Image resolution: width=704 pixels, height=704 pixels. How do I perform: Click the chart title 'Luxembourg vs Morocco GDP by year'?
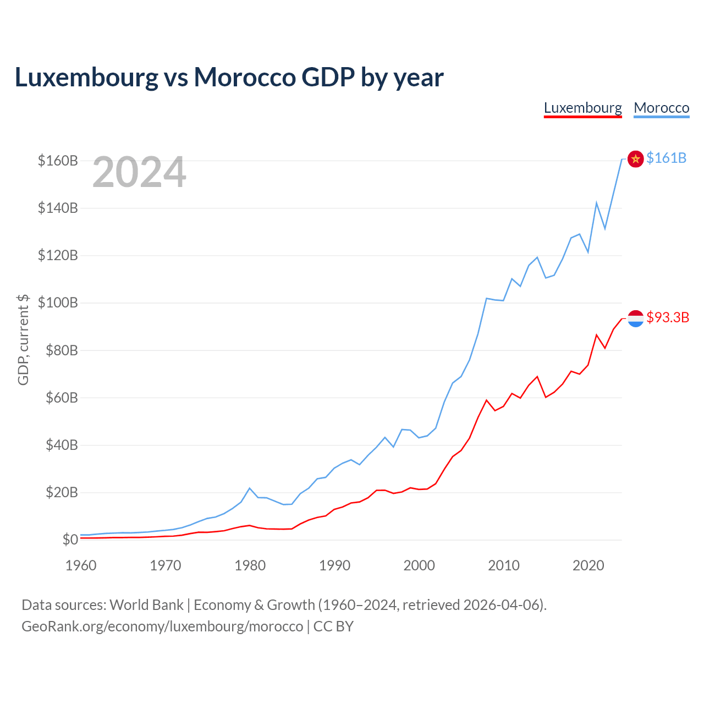(x=229, y=78)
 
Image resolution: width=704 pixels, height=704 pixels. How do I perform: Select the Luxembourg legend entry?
(x=582, y=108)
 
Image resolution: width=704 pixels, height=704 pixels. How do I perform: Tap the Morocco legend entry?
(x=661, y=108)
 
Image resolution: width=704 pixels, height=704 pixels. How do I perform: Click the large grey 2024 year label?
(x=139, y=173)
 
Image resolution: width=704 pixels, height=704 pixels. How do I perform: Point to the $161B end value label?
(x=666, y=158)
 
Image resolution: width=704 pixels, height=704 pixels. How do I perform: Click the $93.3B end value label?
(x=668, y=318)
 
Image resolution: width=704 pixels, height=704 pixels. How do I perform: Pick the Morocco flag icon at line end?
(x=635, y=159)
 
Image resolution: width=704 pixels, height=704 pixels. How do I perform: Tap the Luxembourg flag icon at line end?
(x=635, y=318)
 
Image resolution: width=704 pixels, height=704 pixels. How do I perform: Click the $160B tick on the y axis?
(x=58, y=161)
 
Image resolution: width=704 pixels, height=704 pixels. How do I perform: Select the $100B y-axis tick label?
(x=58, y=303)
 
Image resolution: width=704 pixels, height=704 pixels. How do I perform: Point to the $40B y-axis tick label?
(x=61, y=445)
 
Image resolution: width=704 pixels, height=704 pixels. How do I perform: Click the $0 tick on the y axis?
(x=70, y=540)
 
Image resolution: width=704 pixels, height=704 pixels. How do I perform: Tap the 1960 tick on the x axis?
(x=81, y=565)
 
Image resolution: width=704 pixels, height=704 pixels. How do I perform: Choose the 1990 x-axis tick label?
(x=334, y=565)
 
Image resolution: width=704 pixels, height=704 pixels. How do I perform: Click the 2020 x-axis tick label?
(x=588, y=565)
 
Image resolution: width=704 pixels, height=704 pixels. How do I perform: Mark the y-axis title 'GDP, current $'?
(x=23, y=339)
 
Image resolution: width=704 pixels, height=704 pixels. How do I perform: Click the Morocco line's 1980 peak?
(x=250, y=488)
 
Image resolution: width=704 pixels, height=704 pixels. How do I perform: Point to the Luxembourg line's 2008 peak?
(x=486, y=400)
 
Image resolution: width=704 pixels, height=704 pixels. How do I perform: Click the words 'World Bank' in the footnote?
(x=146, y=605)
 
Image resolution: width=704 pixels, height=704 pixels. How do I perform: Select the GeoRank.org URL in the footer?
(x=162, y=626)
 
